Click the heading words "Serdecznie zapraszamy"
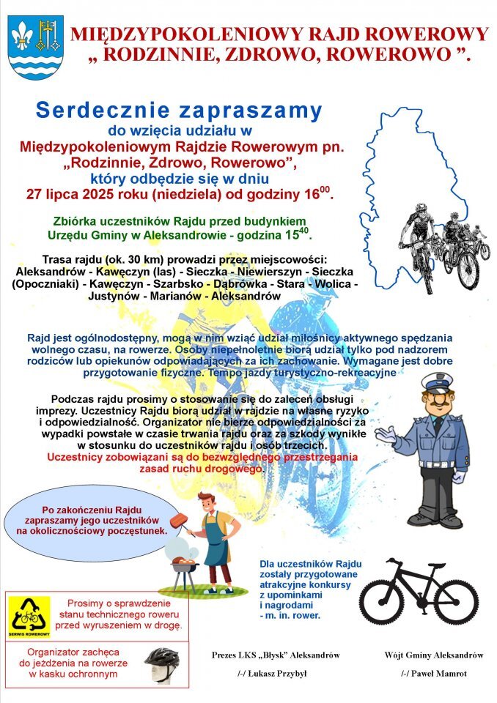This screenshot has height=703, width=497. pyautogui.click(x=179, y=111)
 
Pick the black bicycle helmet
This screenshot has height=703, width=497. pyautogui.click(x=162, y=662)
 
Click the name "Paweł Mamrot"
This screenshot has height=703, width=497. pyautogui.click(x=433, y=673)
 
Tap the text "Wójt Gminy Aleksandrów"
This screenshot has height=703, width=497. pyautogui.click(x=433, y=654)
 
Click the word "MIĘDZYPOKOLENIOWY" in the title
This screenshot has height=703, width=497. pyautogui.click(x=180, y=34)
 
